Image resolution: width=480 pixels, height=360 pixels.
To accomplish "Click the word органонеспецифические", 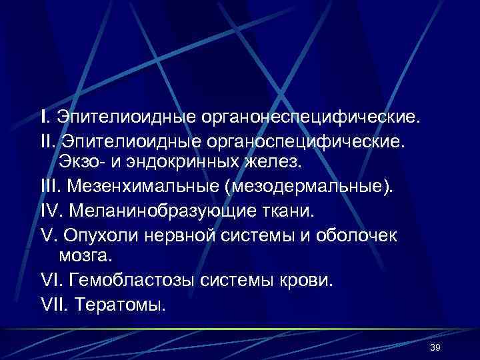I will pyautogui.click(x=310, y=117).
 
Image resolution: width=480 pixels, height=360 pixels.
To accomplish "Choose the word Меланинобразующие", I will pyautogui.click(x=163, y=211).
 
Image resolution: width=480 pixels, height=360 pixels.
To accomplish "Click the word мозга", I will pyautogui.click(x=84, y=255).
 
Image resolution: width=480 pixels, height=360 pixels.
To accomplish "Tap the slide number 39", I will pyautogui.click(x=436, y=348).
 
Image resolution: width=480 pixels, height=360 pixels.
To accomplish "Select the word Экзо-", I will pyautogui.click(x=81, y=161).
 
